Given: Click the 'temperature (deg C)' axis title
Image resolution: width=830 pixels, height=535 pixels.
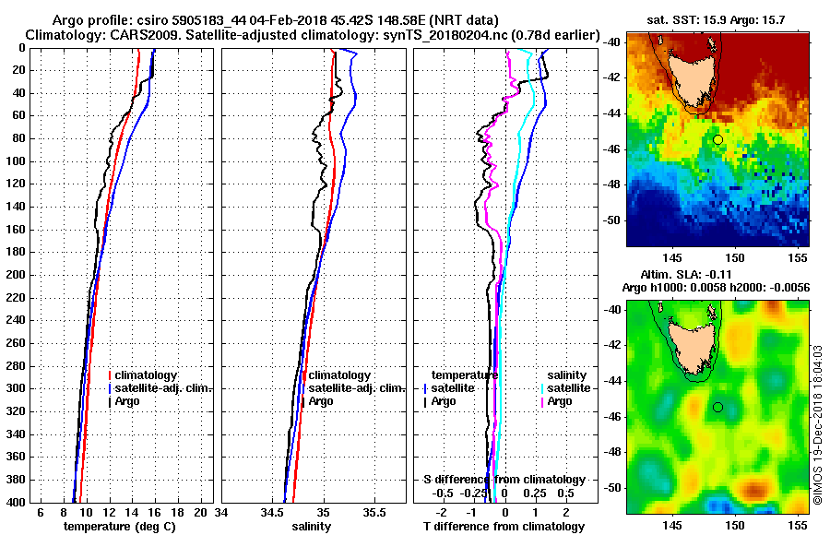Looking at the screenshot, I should point(119,527).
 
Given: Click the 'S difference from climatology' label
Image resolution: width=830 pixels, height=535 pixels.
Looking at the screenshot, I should point(504,480).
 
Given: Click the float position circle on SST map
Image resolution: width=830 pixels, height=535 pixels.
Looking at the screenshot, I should point(717,139).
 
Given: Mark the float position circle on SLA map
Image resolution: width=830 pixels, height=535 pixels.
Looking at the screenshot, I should point(717,407).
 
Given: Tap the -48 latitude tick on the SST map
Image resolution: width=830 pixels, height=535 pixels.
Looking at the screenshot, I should point(612,184).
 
